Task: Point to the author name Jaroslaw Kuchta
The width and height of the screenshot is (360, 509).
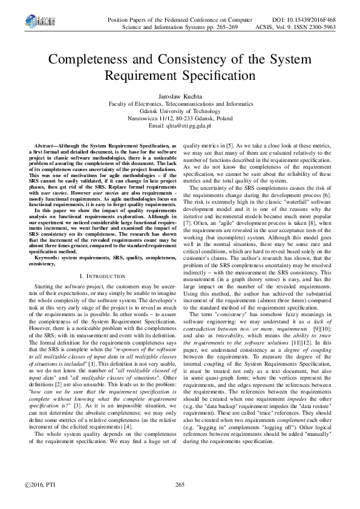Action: [x=180, y=96]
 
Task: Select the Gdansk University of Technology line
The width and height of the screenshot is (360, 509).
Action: [x=180, y=111]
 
